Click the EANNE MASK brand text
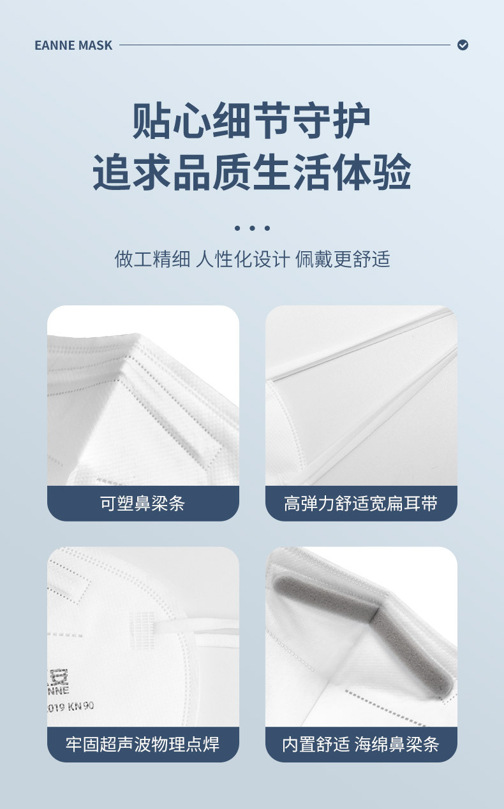tap(73, 45)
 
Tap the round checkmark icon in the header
tap(463, 45)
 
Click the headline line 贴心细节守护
tap(252, 121)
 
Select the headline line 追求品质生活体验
tap(252, 171)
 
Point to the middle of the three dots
tap(252, 228)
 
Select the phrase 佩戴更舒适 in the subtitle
tap(343, 259)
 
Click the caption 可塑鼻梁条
tap(143, 504)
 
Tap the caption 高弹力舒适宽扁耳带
tap(361, 504)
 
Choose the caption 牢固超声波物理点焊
tap(143, 744)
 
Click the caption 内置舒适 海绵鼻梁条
tap(361, 744)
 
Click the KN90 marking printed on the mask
tap(79, 706)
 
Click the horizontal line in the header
tap(285, 45)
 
